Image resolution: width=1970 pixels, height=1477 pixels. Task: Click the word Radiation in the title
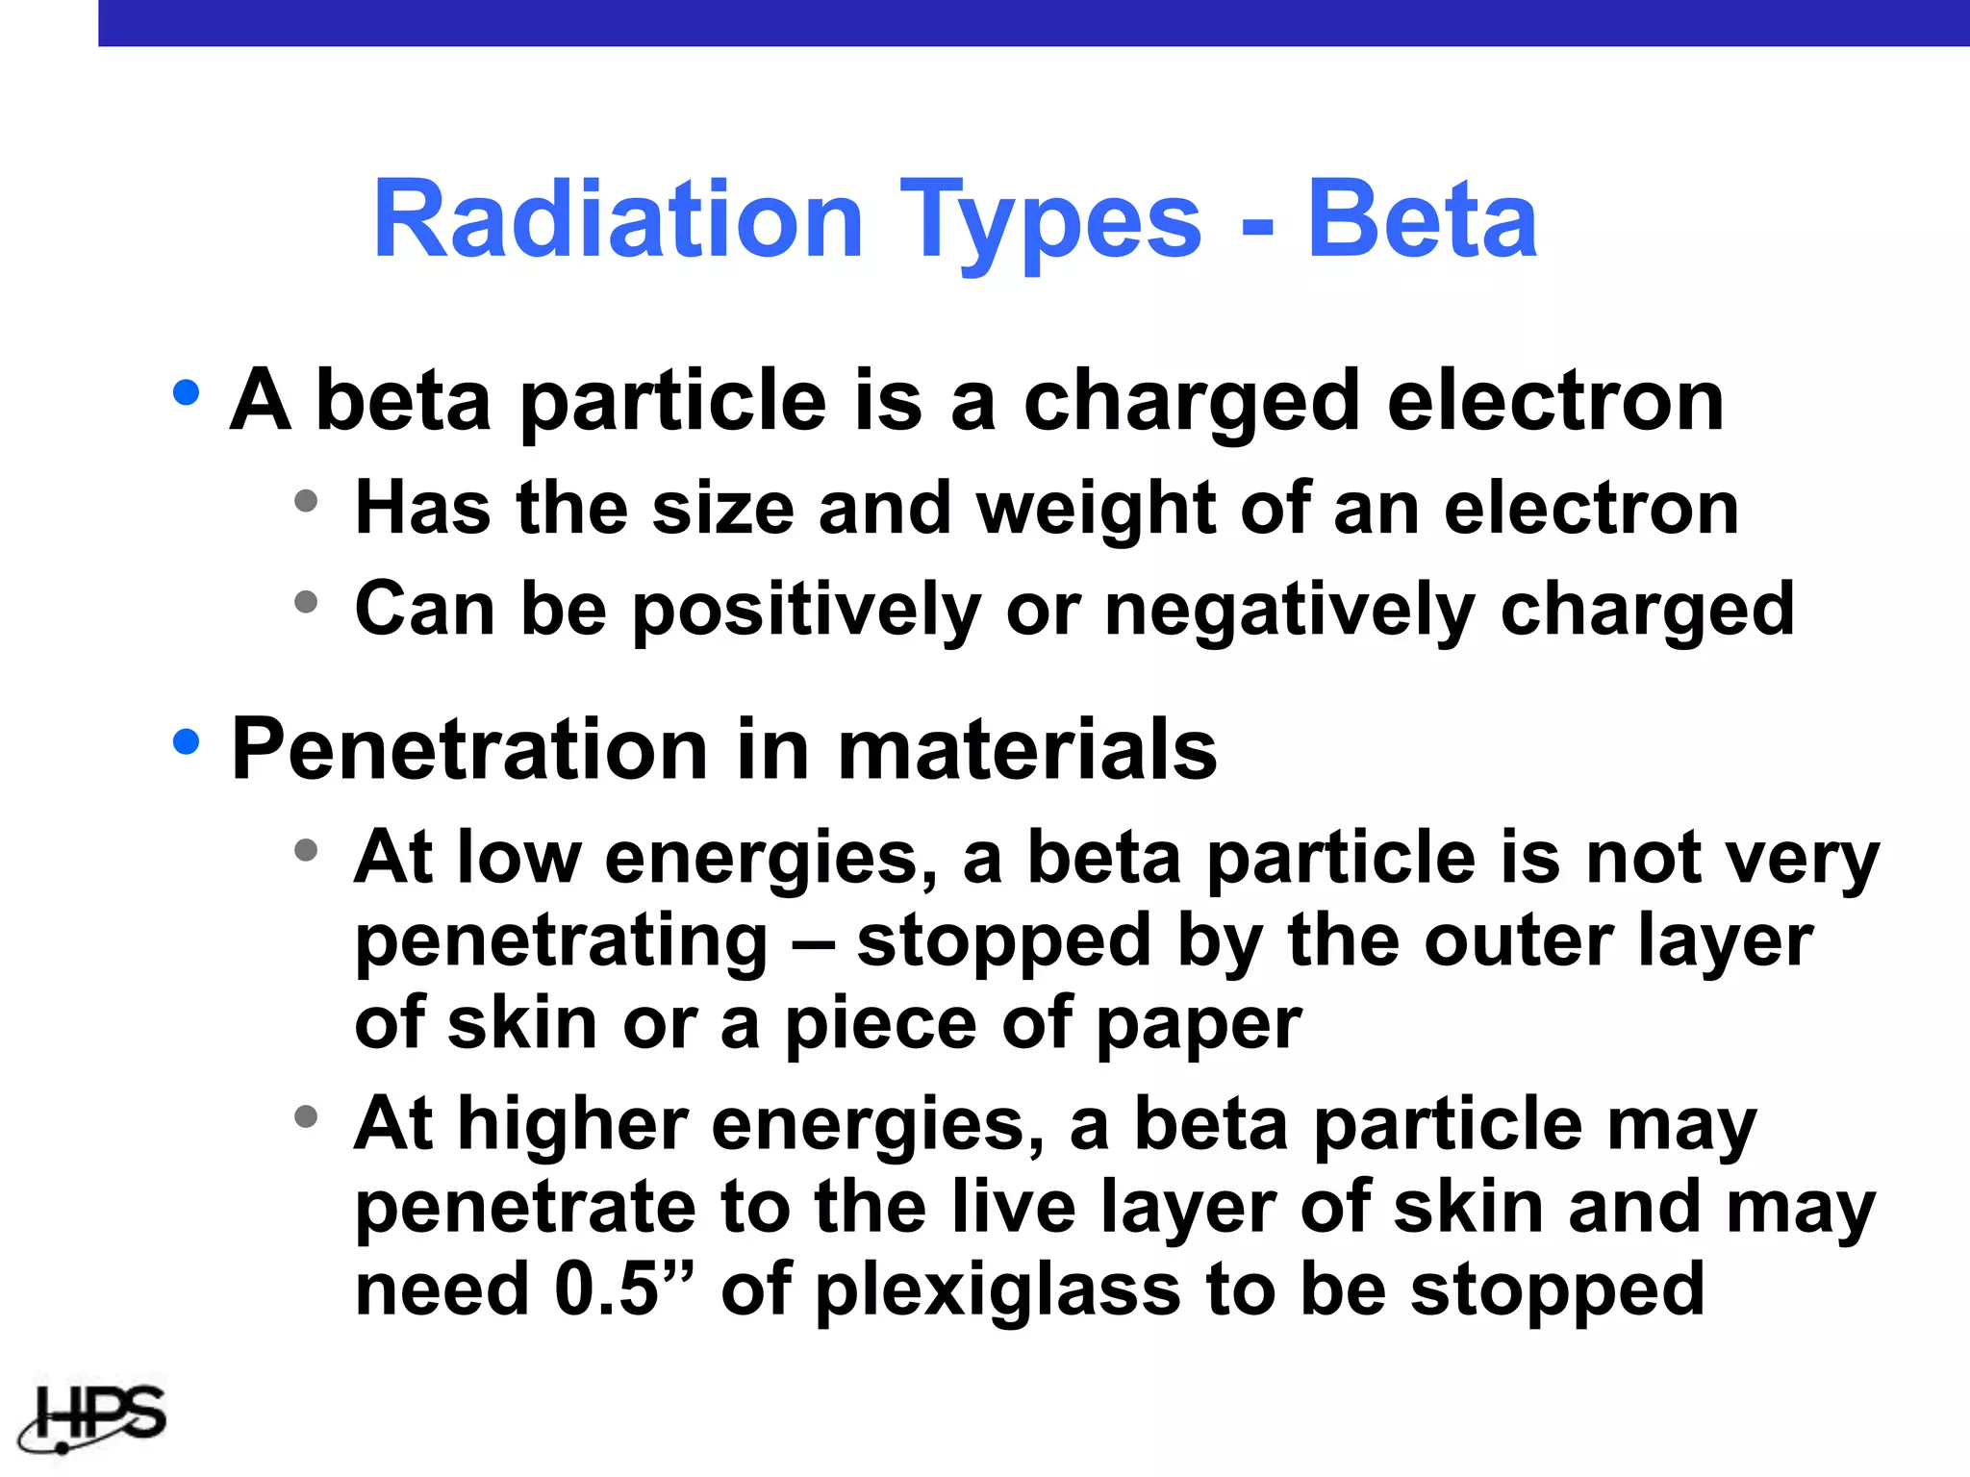618,221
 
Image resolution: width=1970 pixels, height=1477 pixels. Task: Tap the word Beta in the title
1422,221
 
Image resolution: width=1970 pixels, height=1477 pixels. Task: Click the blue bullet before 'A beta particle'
186,392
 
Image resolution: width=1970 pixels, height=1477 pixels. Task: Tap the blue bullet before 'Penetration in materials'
186,741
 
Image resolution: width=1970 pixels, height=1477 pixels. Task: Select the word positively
806,612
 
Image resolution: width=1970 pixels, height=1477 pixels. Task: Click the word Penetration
469,750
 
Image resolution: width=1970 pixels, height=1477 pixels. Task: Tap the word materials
1027,750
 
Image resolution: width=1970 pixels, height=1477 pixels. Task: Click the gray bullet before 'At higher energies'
306,1116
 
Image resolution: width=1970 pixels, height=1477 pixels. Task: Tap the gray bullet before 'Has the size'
306,501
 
